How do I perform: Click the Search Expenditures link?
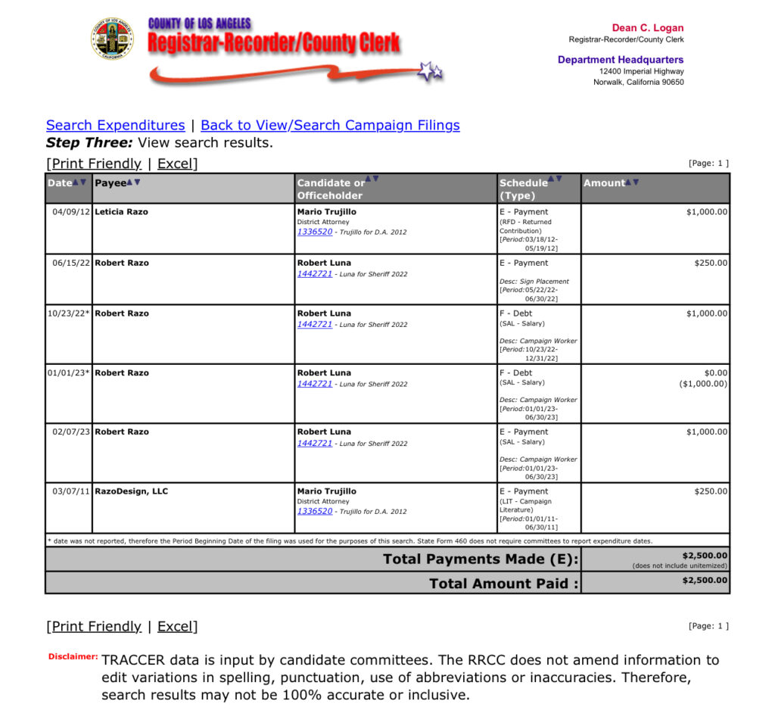[115, 126]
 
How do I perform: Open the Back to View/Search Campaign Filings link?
[330, 126]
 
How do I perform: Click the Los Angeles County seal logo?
[112, 39]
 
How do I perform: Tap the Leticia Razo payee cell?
[122, 212]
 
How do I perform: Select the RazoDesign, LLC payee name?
[132, 491]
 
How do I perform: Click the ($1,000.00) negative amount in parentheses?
[703, 384]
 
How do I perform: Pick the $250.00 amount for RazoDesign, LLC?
[711, 491]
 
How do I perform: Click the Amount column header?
[604, 183]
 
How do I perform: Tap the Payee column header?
[110, 183]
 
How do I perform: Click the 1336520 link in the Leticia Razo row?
[315, 232]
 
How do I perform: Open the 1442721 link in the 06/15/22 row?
[315, 273]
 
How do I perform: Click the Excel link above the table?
[175, 164]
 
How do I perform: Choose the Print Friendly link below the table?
[96, 626]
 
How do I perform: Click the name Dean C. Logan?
[647, 28]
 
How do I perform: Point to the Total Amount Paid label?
[503, 584]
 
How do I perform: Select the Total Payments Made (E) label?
[481, 559]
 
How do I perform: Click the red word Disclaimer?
[73, 656]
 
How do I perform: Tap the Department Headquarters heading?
[621, 60]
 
